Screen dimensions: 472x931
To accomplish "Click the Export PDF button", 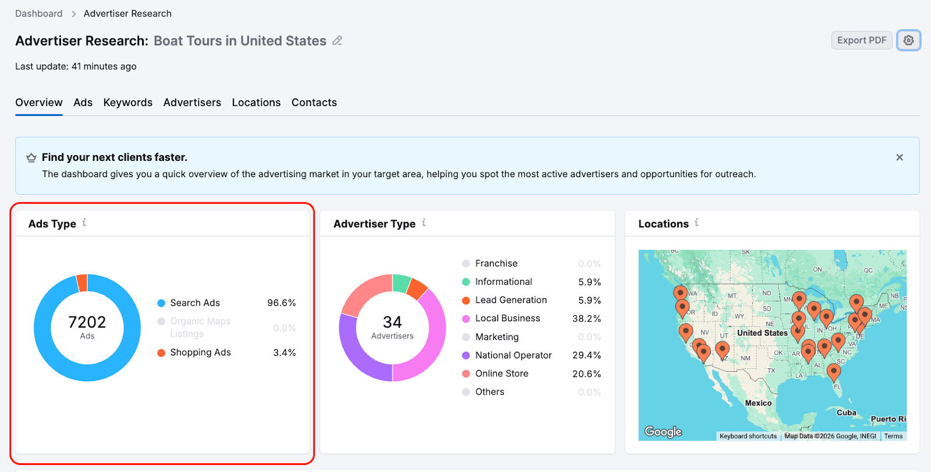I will pos(861,40).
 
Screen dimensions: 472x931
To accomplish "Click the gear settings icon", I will pos(908,40).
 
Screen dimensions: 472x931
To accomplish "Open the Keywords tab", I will pos(127,103).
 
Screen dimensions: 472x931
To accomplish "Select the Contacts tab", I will pos(314,103).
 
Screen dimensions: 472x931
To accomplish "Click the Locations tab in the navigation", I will pos(256,103).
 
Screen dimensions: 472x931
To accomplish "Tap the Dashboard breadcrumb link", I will pos(38,13).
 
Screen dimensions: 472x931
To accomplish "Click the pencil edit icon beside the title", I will pos(337,41).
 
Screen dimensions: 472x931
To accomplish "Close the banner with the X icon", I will pos(899,157).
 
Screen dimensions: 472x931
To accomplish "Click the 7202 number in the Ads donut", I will pos(87,322).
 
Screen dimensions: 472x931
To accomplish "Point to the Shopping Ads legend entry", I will pos(200,353).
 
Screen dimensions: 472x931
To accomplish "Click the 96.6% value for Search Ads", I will pos(281,303).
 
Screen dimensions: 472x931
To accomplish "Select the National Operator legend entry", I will pos(513,355).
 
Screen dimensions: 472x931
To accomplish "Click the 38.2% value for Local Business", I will pos(586,319).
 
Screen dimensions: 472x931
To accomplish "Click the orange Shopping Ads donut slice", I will pos(82,283).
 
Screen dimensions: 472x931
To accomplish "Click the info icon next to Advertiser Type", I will pos(424,223).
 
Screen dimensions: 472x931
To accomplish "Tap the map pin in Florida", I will pos(833,371).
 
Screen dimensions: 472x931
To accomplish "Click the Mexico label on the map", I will pos(758,403).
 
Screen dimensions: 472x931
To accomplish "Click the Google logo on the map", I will pos(663,432).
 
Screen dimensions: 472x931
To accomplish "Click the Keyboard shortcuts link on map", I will pos(748,436).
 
